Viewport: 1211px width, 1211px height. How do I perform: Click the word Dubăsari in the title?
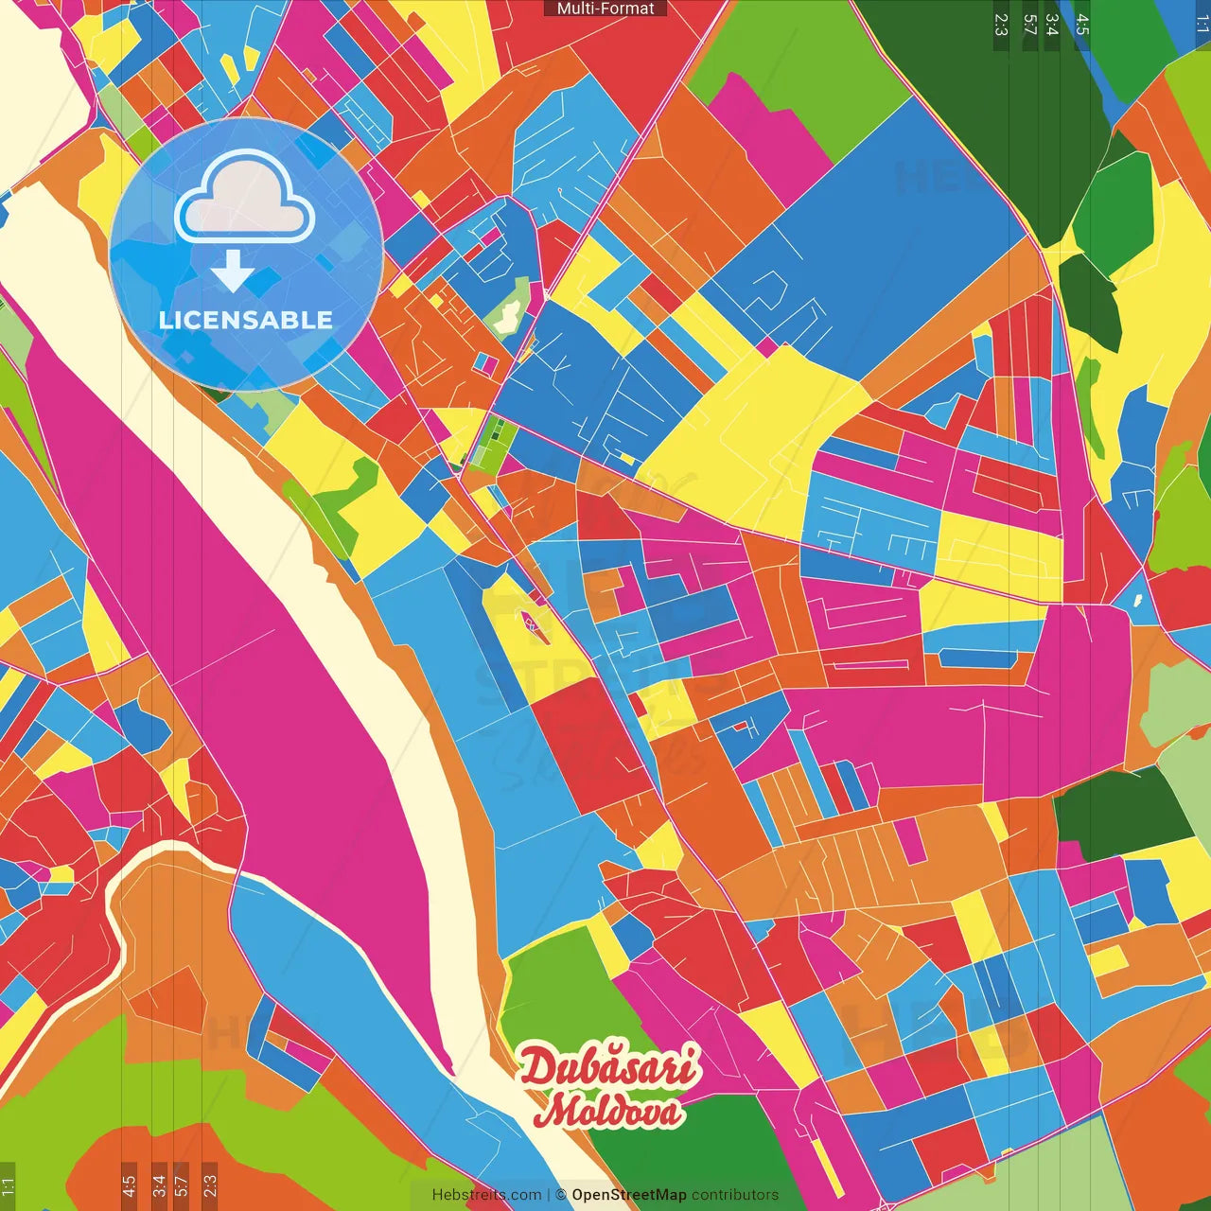coord(610,1067)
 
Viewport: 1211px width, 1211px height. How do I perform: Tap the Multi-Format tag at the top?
coord(605,9)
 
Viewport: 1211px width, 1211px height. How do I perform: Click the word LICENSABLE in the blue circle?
coord(246,320)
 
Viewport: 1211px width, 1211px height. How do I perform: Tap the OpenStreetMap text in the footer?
coord(628,1195)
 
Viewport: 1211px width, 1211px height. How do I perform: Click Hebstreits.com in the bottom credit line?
coord(486,1195)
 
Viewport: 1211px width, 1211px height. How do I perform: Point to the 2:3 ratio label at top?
coord(1001,25)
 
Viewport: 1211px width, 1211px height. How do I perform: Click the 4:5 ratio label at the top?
coord(1081,25)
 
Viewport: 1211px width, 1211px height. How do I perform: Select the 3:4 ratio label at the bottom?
coord(159,1185)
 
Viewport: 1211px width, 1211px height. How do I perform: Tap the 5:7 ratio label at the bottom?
coord(182,1185)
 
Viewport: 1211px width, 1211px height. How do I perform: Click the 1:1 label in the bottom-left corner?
coord(8,1185)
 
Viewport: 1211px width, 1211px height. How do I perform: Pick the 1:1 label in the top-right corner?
coord(1202,25)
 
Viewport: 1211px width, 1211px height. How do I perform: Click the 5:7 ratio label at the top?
coord(1029,25)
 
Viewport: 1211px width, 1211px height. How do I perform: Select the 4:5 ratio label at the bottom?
coord(129,1185)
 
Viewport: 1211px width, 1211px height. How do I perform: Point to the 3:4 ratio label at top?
coord(1052,25)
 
